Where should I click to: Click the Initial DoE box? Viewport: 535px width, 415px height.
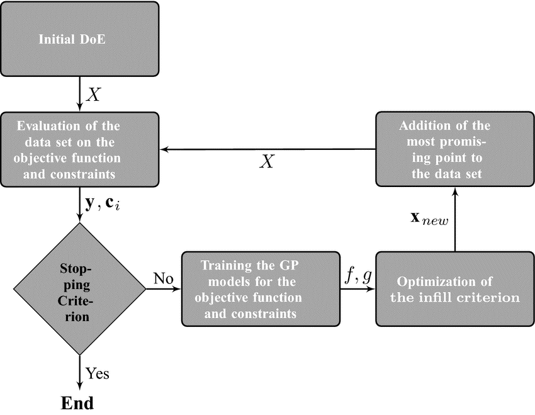[79, 39]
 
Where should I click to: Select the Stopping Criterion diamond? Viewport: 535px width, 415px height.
[79, 289]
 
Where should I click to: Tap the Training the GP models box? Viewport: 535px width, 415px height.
[261, 289]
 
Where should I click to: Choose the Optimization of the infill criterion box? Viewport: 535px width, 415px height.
[455, 289]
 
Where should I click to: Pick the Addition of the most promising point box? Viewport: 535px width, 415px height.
[455, 149]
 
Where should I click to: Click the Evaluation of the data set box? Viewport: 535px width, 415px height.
[79, 149]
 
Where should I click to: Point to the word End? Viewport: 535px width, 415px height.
[77, 403]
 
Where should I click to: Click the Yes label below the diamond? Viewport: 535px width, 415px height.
[97, 373]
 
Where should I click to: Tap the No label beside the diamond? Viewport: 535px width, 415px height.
[164, 278]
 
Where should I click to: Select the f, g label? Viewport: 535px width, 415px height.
[358, 276]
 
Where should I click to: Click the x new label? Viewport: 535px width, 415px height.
[429, 219]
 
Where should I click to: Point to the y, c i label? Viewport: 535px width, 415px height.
[103, 204]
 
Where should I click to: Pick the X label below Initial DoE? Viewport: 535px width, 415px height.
[94, 94]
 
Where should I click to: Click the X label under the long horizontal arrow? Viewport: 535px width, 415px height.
[267, 161]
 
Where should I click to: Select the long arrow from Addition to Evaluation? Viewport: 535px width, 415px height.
[268, 149]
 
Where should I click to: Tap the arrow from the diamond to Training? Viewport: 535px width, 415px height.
[164, 289]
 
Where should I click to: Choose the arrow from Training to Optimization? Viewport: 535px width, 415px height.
[358, 289]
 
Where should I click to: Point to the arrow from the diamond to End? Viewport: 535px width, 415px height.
[79, 373]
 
